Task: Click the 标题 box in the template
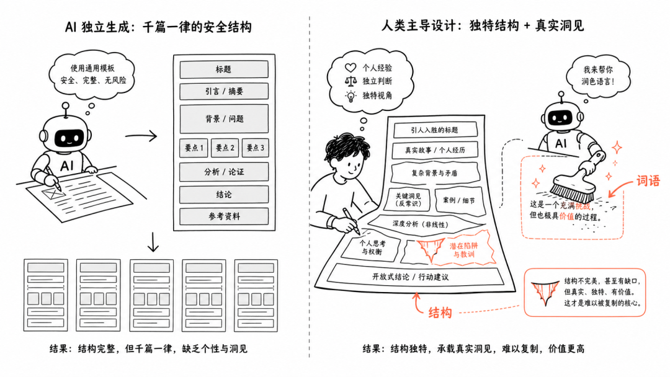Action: [x=224, y=69]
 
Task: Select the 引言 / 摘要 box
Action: [x=224, y=91]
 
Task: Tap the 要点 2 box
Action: [x=225, y=148]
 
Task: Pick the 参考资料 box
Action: [x=224, y=216]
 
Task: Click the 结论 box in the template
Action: [x=224, y=195]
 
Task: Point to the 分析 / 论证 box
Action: [x=224, y=172]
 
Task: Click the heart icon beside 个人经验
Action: [x=351, y=68]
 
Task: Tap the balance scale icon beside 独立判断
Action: [x=351, y=81]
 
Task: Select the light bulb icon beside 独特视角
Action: [x=351, y=96]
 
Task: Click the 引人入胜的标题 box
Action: [x=434, y=130]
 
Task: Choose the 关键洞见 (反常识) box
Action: [x=408, y=200]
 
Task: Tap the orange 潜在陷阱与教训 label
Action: [x=463, y=250]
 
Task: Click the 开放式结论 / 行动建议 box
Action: [x=415, y=277]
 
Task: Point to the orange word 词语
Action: [x=648, y=181]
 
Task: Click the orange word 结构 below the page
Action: [x=440, y=313]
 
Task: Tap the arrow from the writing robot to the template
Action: [x=141, y=136]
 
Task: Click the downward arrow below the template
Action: [x=153, y=242]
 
